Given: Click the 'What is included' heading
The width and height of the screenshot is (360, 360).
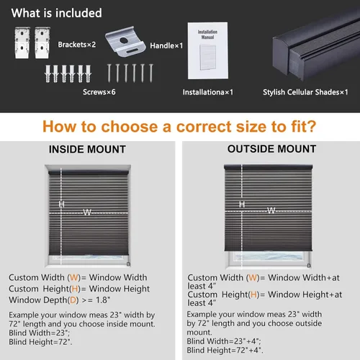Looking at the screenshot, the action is pyautogui.click(x=56, y=13).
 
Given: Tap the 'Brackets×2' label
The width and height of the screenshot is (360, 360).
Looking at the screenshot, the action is pyautogui.click(x=77, y=45).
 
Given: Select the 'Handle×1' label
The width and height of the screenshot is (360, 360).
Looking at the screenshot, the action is pyautogui.click(x=166, y=45).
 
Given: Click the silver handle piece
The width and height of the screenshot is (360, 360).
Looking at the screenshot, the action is pyautogui.click(x=125, y=42).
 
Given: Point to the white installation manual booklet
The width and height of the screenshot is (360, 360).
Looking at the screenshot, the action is pyautogui.click(x=208, y=50).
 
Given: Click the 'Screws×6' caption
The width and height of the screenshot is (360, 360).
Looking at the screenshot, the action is pyautogui.click(x=99, y=92).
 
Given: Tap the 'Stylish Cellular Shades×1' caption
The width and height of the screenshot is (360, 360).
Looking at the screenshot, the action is pyautogui.click(x=305, y=92).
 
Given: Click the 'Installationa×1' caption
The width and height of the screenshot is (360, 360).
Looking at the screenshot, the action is pyautogui.click(x=208, y=92).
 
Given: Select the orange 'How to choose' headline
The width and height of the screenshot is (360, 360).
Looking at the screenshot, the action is pyautogui.click(x=179, y=127).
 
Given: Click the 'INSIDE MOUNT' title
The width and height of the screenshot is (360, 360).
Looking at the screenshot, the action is pyautogui.click(x=87, y=149).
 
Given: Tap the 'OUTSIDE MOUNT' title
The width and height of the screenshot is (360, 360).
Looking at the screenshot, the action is pyautogui.click(x=271, y=149).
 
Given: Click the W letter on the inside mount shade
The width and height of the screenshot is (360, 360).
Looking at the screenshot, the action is pyautogui.click(x=87, y=212).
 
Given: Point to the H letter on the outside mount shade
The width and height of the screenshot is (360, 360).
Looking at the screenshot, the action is pyautogui.click(x=242, y=204).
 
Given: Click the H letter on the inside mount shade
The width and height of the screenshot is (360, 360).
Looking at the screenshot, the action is pyautogui.click(x=61, y=204).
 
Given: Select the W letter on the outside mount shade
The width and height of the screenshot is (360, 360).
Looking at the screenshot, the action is pyautogui.click(x=271, y=210).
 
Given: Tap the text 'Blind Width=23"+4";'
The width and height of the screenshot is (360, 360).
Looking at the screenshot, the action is pyautogui.click(x=224, y=341).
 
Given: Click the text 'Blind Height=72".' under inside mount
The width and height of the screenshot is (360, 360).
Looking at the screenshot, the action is pyautogui.click(x=40, y=342).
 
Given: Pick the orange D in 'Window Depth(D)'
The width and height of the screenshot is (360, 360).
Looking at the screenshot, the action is pyautogui.click(x=73, y=300).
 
